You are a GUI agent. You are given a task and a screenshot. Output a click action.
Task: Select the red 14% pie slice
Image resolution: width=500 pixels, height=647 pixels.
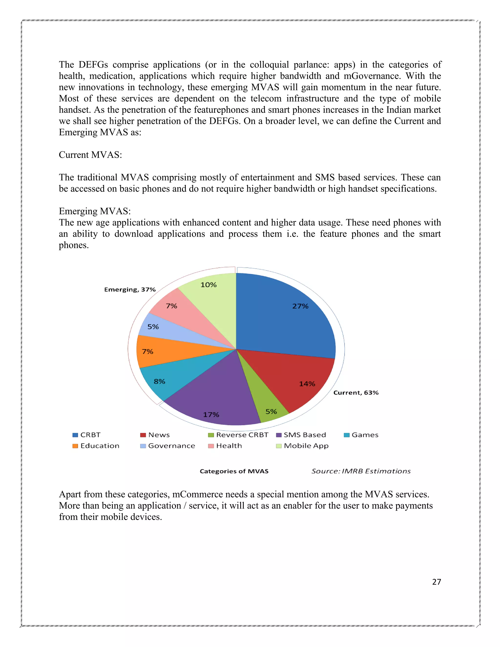(299, 379)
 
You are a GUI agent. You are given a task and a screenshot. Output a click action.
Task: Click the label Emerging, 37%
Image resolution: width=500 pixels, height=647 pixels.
(130, 289)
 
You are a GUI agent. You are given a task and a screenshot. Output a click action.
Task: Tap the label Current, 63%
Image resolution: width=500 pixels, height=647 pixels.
(356, 393)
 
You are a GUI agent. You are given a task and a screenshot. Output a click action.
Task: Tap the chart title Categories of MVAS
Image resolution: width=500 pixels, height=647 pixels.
(234, 471)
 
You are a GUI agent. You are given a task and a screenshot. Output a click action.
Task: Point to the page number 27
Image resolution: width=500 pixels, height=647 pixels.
(436, 582)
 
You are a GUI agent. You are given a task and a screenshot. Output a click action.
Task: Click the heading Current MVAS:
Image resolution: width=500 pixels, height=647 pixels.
(90, 155)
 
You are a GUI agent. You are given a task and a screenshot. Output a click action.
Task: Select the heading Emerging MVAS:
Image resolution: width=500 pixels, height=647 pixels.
(95, 211)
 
